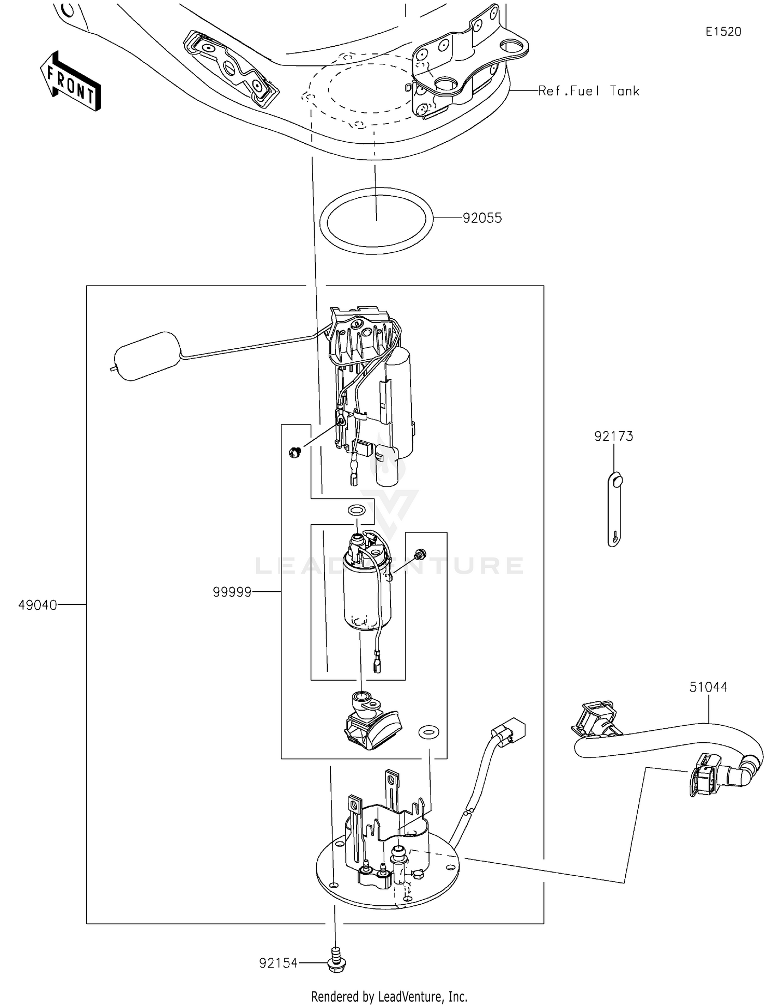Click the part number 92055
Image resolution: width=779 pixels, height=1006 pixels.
click(482, 218)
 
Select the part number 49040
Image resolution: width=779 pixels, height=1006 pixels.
click(37, 605)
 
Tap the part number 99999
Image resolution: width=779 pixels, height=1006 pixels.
click(232, 592)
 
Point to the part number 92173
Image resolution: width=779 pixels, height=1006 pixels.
click(613, 437)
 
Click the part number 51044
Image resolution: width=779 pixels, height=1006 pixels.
click(708, 687)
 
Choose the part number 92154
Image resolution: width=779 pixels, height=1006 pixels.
click(278, 963)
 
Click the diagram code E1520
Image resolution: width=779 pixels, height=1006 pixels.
click(723, 32)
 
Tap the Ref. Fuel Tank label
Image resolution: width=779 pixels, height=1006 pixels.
click(588, 91)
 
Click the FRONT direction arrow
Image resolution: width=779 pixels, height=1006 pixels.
click(71, 81)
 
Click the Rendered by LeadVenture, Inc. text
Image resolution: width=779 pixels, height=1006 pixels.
click(389, 997)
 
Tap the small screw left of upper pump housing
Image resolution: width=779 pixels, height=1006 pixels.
click(295, 452)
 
